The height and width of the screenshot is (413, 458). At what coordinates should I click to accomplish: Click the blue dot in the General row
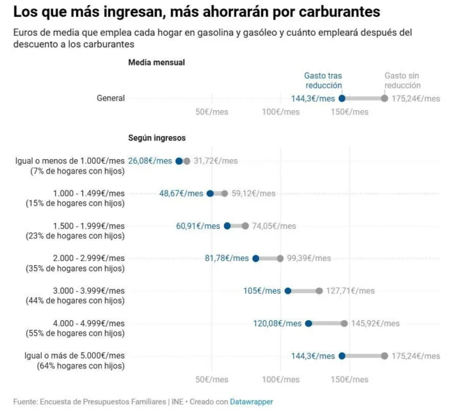click(342, 98)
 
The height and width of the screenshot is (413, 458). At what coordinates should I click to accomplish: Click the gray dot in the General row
click(385, 98)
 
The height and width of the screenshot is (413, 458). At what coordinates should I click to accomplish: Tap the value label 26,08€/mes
click(150, 161)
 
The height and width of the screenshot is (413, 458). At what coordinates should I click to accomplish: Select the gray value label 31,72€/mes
click(215, 161)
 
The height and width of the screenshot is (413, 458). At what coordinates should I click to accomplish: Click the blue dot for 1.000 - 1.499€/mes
click(210, 194)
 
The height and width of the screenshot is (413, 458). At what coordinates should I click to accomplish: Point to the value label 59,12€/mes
click(253, 194)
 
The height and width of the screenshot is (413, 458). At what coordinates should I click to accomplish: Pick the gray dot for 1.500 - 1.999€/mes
click(245, 226)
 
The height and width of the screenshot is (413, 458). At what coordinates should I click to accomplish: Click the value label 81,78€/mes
click(226, 259)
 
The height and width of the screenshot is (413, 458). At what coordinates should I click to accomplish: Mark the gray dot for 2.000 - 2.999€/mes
click(280, 259)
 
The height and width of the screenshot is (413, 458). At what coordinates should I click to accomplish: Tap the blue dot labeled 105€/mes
click(288, 291)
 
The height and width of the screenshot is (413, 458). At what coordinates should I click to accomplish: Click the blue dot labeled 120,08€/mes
click(309, 323)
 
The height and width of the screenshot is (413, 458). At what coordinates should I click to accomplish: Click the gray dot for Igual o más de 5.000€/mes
click(385, 355)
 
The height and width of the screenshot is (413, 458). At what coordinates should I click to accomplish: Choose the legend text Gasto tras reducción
click(323, 81)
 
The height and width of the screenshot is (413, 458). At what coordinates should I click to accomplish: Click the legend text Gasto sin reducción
click(402, 81)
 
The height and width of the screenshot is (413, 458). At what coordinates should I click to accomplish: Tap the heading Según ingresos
click(157, 138)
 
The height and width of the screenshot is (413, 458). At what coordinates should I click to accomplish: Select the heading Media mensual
click(156, 62)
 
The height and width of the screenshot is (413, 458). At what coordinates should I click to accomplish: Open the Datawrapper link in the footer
click(251, 401)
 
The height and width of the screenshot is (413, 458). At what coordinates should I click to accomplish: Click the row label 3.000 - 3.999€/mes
click(88, 291)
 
